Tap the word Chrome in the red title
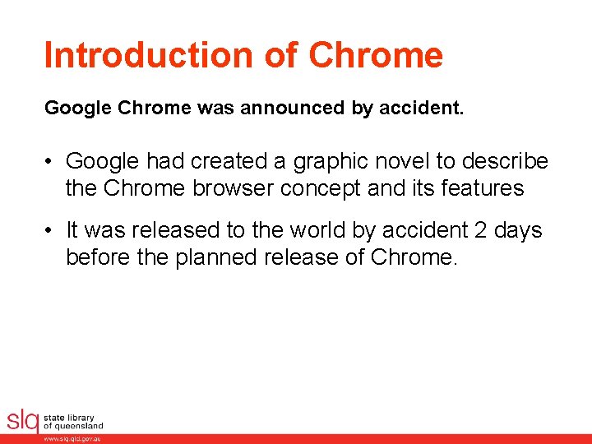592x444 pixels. click(376, 55)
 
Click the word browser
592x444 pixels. click(230, 188)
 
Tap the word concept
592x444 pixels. click(317, 188)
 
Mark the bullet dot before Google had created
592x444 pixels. click(50, 162)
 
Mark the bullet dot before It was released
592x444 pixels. click(50, 231)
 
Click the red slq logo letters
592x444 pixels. click(22, 420)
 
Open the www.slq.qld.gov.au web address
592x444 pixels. click(72, 439)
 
